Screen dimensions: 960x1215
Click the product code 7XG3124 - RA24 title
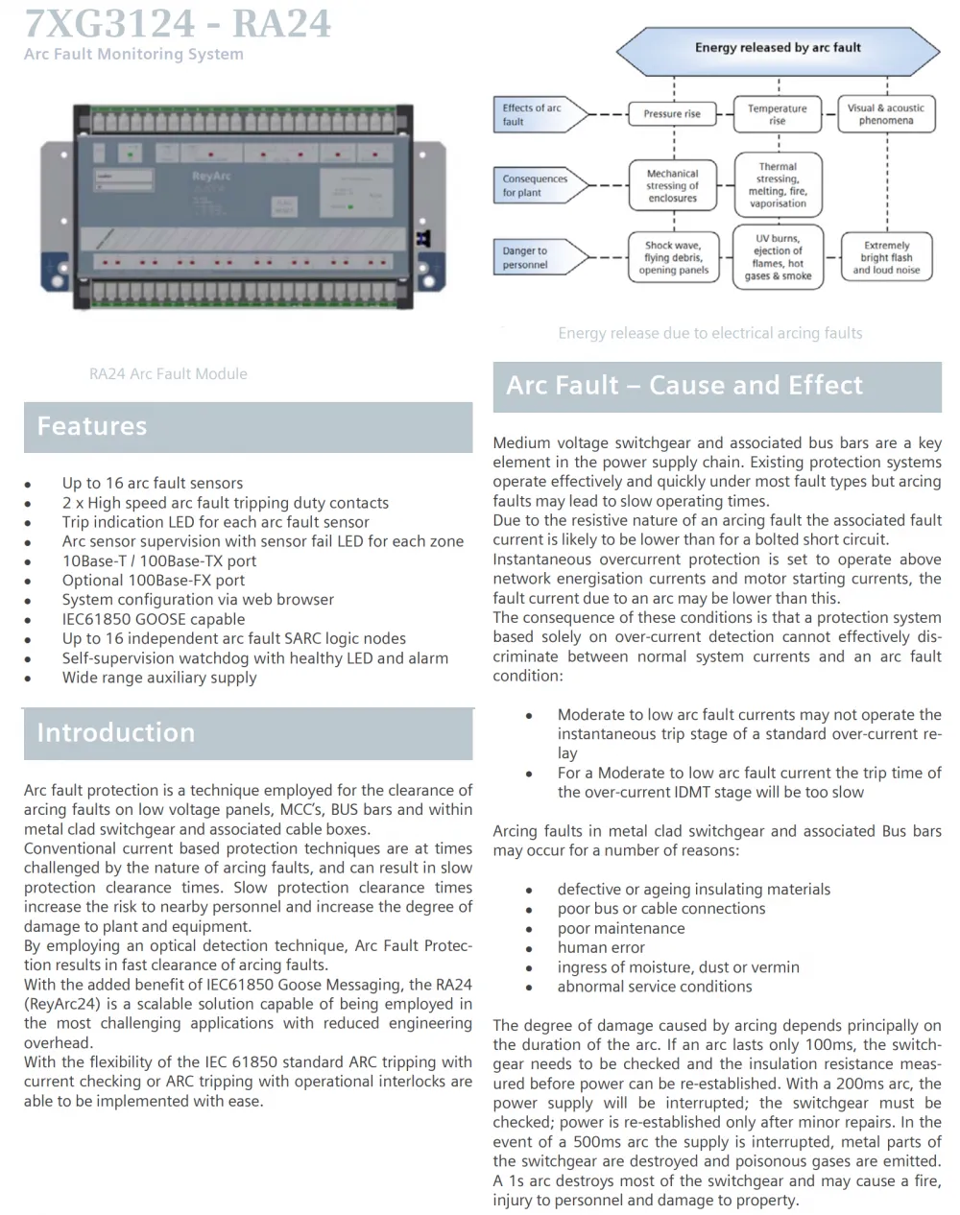tap(178, 23)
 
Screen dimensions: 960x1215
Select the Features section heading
tap(92, 426)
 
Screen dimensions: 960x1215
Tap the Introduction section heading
tap(116, 732)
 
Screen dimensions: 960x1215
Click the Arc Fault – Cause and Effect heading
tap(684, 386)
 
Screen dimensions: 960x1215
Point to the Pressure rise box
tap(672, 114)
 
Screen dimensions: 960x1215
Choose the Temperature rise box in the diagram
tap(778, 114)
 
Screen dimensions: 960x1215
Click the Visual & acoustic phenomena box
tap(886, 114)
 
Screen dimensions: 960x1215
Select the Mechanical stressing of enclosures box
tap(673, 185)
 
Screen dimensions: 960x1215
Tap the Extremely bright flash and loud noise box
tap(887, 257)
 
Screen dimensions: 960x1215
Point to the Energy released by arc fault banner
tap(779, 51)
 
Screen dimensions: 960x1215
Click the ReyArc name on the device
tap(211, 177)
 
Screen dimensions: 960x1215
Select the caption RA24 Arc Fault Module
tap(168, 373)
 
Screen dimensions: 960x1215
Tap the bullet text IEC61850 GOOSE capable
tap(154, 619)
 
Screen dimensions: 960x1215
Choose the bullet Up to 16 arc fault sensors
tap(153, 484)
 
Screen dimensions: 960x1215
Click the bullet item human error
tap(601, 947)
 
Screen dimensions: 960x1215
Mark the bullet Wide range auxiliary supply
tap(159, 679)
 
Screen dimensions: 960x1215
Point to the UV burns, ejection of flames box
tap(779, 257)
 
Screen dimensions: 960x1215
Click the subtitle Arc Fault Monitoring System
tap(133, 54)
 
